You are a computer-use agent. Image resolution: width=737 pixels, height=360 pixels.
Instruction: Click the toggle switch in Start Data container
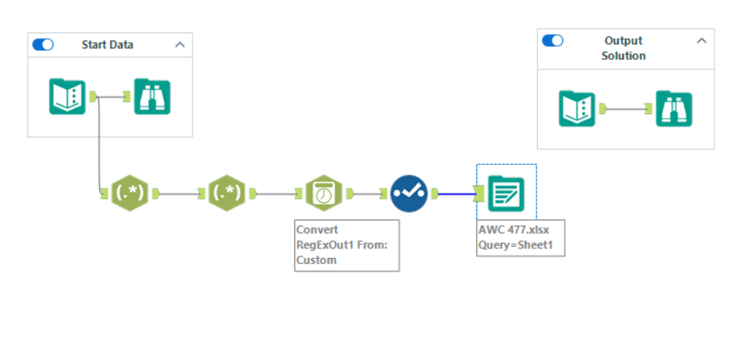[x=43, y=44]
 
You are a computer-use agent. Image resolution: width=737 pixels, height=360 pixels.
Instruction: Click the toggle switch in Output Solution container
[x=553, y=40]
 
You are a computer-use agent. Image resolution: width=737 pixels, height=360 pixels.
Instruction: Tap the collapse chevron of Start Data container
[x=180, y=44]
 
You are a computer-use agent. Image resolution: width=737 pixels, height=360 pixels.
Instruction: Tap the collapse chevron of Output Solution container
[x=701, y=40]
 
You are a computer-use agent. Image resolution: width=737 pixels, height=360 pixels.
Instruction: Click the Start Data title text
[x=108, y=44]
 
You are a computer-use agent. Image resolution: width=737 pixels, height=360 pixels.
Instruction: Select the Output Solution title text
[x=623, y=48]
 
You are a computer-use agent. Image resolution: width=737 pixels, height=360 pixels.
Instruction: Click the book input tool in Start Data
[x=67, y=96]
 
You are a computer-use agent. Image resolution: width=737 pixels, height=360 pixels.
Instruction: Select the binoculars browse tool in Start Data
[x=151, y=96]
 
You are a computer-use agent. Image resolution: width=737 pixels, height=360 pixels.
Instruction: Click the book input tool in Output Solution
[x=577, y=108]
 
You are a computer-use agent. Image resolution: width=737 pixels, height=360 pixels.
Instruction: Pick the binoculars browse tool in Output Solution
[x=675, y=108]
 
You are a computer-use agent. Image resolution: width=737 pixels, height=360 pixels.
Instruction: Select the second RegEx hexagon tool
[x=227, y=193]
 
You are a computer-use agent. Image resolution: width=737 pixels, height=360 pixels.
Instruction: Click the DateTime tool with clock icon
[x=324, y=193]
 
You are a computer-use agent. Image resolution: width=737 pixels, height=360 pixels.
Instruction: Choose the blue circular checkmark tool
[x=409, y=193]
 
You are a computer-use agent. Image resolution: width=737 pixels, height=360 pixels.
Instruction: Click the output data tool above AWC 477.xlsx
[x=506, y=193]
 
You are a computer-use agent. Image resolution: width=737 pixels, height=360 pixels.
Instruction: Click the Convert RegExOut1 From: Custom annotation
[x=346, y=244]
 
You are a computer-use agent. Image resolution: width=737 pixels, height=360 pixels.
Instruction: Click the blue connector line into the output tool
[x=457, y=193]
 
